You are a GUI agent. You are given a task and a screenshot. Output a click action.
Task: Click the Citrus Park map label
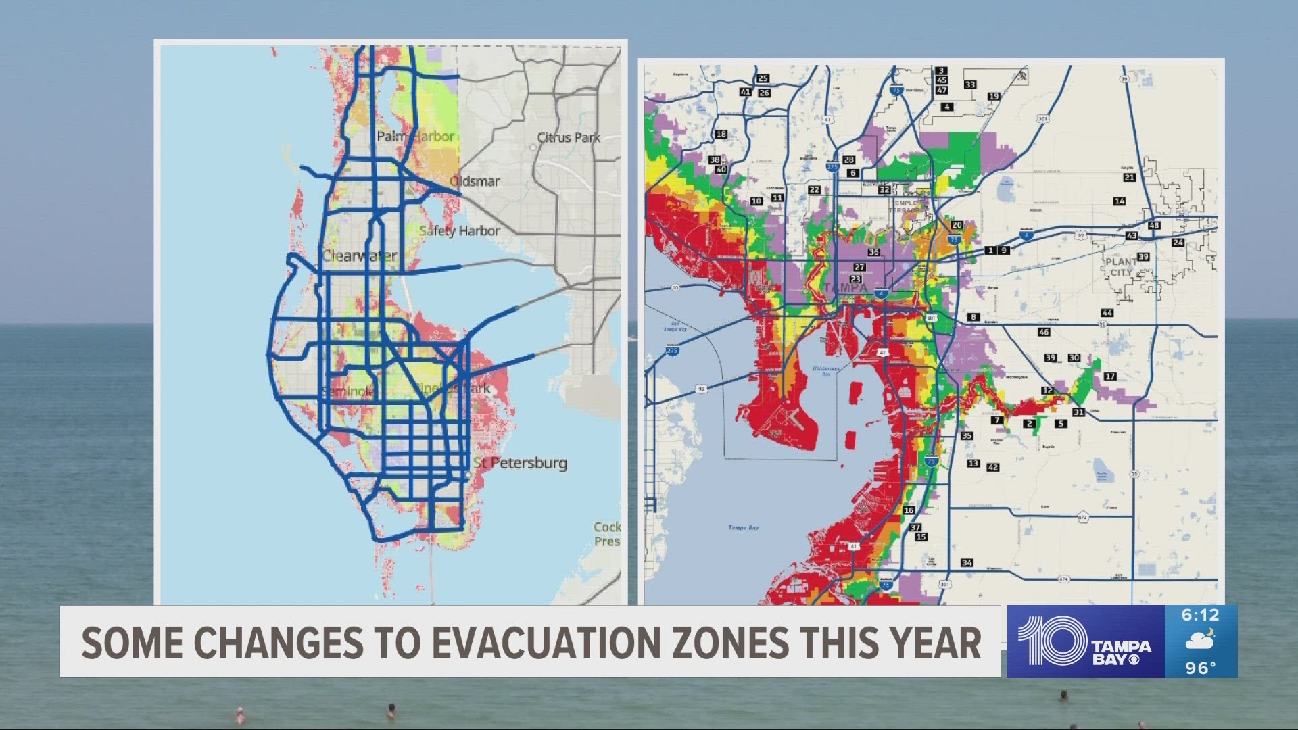coord(569,137)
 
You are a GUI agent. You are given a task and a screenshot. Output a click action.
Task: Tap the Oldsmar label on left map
coord(475,181)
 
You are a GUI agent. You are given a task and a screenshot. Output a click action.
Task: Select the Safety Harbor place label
coord(460,230)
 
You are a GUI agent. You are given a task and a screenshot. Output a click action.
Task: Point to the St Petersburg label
coord(520,463)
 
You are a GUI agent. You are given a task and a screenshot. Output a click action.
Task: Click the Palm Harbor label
coord(415,136)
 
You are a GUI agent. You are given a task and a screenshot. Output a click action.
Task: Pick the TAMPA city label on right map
coord(845,287)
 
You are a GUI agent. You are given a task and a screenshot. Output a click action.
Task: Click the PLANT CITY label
coord(1121,267)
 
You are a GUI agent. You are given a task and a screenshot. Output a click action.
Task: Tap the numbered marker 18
coord(721,134)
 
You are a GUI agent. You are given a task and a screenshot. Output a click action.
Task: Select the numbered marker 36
coord(873,252)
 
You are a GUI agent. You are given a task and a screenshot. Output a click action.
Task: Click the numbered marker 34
coord(967,562)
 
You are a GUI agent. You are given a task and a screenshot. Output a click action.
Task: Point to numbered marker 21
coord(1129,177)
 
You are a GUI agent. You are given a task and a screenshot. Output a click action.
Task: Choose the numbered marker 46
coord(1044,332)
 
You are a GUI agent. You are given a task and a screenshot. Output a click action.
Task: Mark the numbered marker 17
coord(1110,376)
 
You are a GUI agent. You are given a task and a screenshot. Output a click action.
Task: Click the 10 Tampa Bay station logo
coord(1085,641)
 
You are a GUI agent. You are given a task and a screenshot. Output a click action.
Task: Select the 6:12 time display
coord(1200,615)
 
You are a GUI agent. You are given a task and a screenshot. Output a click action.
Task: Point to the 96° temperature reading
coord(1200,668)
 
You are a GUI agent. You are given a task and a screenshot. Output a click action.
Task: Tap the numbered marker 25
coord(763,78)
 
